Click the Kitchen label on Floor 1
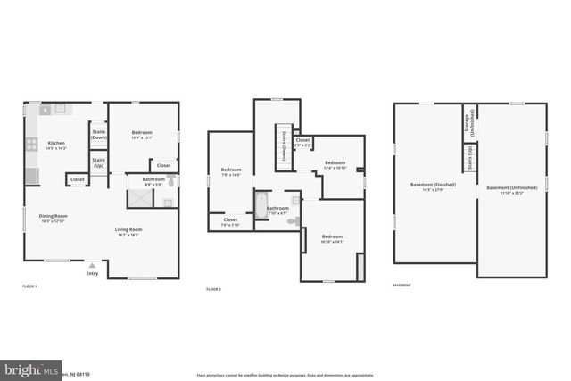pyautogui.click(x=56, y=145)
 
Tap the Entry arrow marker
pyautogui.click(x=91, y=265)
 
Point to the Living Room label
pyautogui.click(x=128, y=231)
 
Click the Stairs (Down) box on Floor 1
pyautogui.click(x=97, y=135)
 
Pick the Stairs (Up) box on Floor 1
pyautogui.click(x=97, y=163)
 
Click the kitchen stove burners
pyautogui.click(x=31, y=143)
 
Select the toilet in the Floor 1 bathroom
pyautogui.click(x=171, y=181)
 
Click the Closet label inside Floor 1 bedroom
pyautogui.click(x=163, y=165)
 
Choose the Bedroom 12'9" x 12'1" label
pyautogui.click(x=144, y=134)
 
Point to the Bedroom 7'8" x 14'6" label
pyautogui.click(x=231, y=171)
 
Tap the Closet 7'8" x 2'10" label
pyautogui.click(x=231, y=221)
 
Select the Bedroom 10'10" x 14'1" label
pyautogui.click(x=331, y=238)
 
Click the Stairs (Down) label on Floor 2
pyautogui.click(x=283, y=143)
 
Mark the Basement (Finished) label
pyautogui.click(x=433, y=186)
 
